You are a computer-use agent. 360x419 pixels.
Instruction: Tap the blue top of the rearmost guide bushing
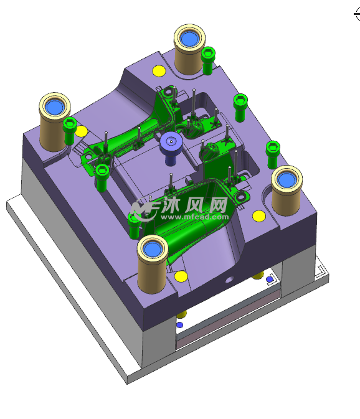click(x=189, y=39)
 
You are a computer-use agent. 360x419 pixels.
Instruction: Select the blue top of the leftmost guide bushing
click(x=55, y=107)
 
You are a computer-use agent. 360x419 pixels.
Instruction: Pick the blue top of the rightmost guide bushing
click(x=287, y=179)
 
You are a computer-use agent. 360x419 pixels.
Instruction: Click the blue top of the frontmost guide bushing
click(x=153, y=249)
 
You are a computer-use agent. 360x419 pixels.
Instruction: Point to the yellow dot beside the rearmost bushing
click(x=159, y=71)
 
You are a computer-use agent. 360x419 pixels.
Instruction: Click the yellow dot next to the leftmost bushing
click(x=81, y=131)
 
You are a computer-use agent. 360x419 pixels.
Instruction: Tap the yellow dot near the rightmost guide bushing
click(x=259, y=216)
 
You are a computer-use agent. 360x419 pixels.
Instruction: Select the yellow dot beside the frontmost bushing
click(x=181, y=276)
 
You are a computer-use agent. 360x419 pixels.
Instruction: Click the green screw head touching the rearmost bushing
click(x=208, y=53)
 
